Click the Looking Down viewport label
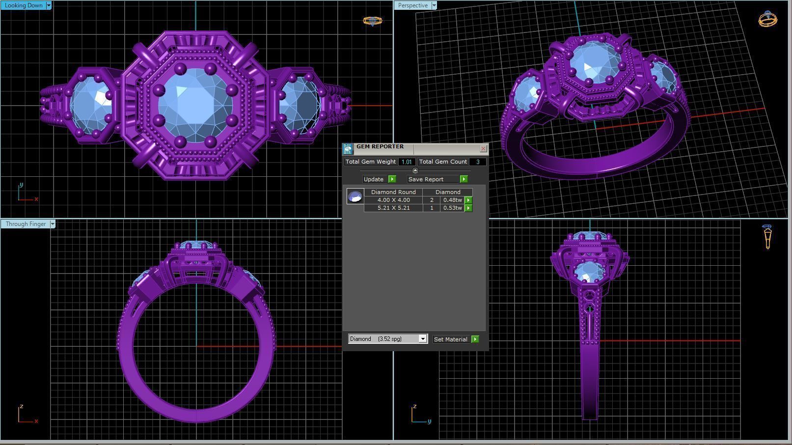[x=23, y=5]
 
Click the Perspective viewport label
[x=412, y=5]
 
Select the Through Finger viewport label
[x=26, y=224]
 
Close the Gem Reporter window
[x=483, y=148]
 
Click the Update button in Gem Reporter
[x=374, y=179]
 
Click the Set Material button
[x=451, y=339]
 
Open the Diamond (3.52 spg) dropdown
[x=422, y=339]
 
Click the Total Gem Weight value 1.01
[x=406, y=162]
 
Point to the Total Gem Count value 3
[x=477, y=162]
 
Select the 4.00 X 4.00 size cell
[x=393, y=200]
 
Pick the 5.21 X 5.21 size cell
[x=393, y=208]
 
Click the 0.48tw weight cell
[x=452, y=200]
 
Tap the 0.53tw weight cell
[x=452, y=208]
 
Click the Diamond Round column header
[x=393, y=192]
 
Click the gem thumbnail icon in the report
[x=355, y=196]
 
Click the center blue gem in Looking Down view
[x=195, y=105]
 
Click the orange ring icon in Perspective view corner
[x=768, y=19]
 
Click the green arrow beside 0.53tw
[x=468, y=208]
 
